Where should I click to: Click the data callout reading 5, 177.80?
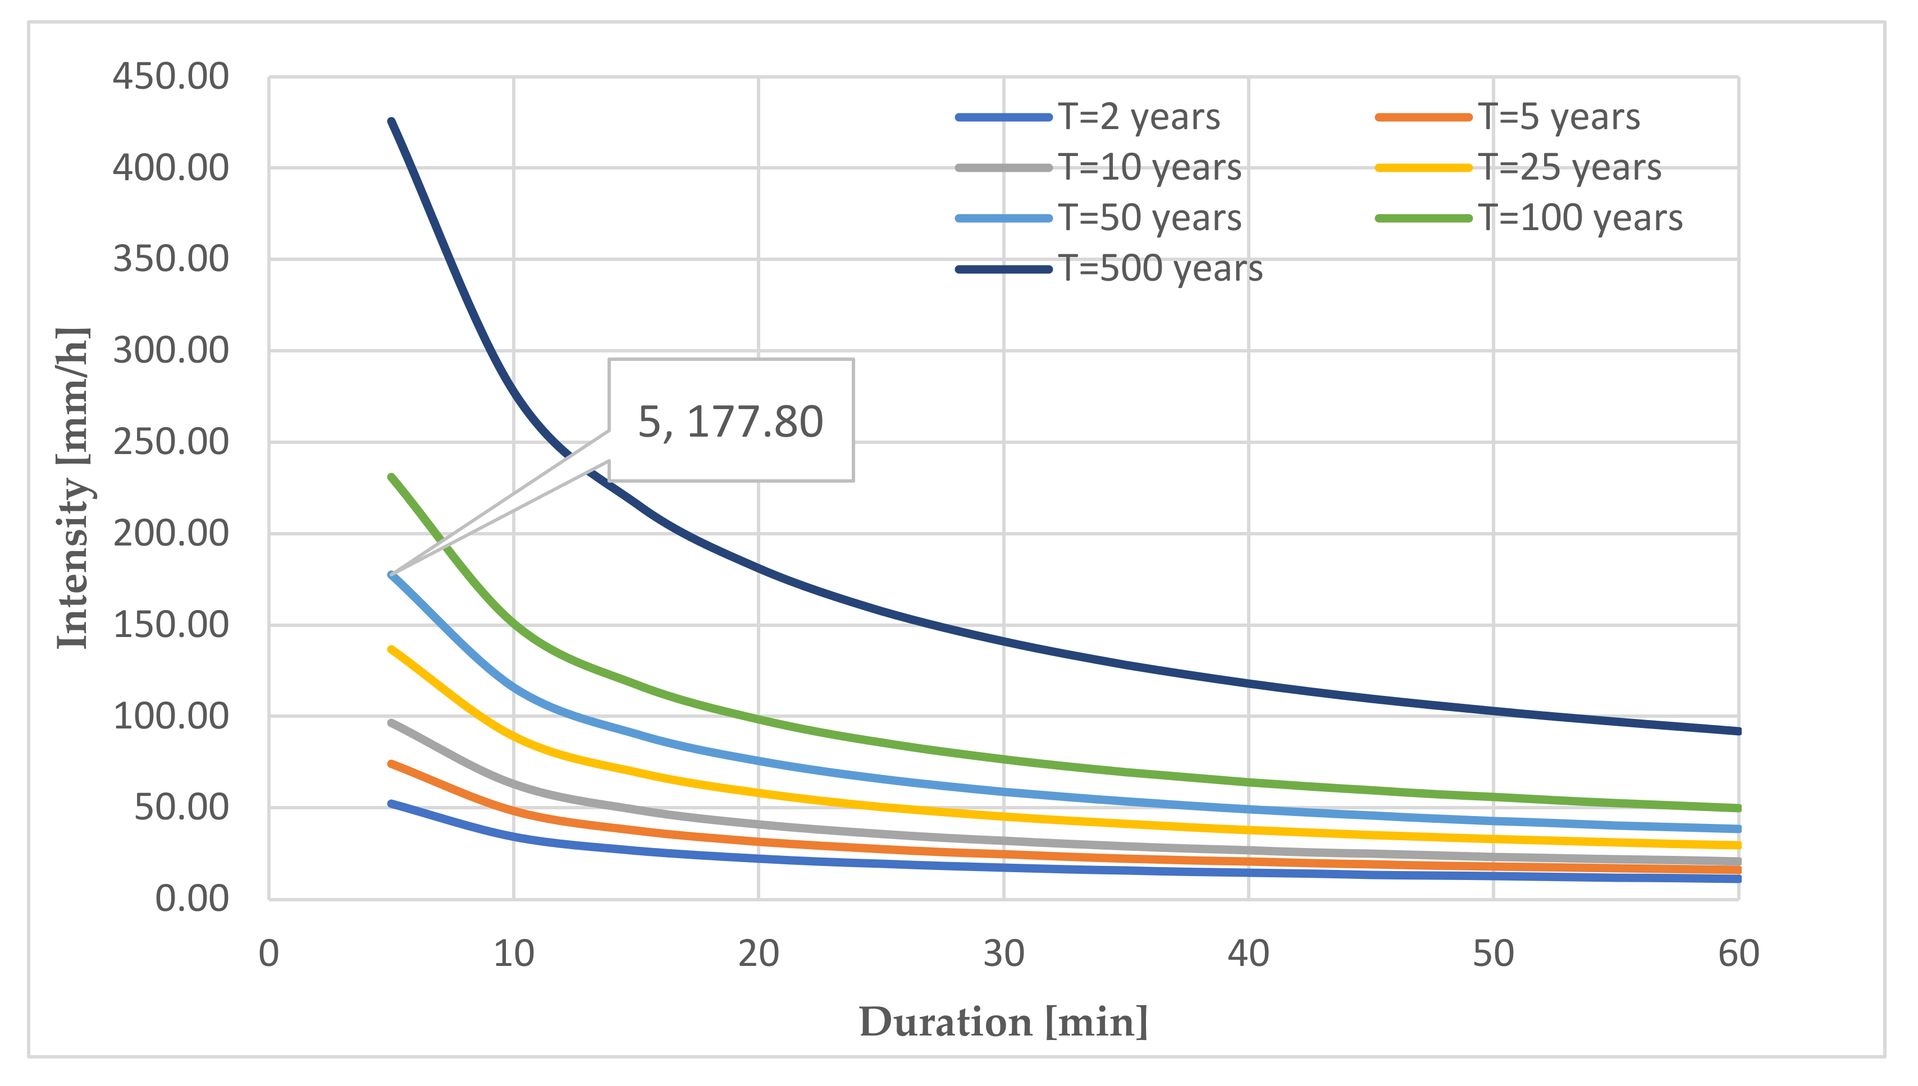[x=730, y=421]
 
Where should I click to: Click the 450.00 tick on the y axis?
[x=171, y=76]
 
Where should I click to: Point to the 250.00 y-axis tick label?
[x=171, y=442]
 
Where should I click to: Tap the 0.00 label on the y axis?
[x=191, y=899]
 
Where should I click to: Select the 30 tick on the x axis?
[x=1003, y=954]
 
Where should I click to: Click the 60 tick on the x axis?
[x=1738, y=954]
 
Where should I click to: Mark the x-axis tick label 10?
[x=513, y=954]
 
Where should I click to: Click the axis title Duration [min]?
[x=1003, y=1022]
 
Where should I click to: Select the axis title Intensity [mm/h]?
[x=73, y=488]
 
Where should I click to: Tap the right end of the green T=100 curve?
[x=1738, y=808]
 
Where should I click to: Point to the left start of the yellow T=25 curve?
[x=392, y=650]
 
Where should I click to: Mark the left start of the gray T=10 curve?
[x=392, y=723]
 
